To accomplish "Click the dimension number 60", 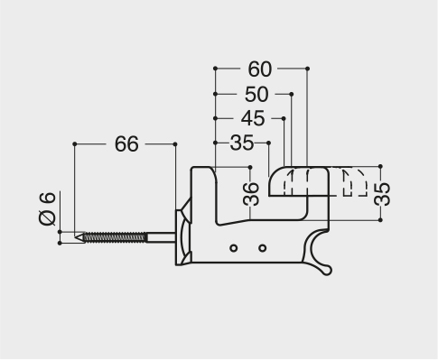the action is pyautogui.click(x=260, y=69).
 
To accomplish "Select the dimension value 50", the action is pyautogui.click(x=256, y=95).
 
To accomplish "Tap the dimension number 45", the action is pyautogui.click(x=253, y=118).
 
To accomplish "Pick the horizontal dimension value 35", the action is pyautogui.click(x=242, y=143).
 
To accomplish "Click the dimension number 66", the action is pyautogui.click(x=126, y=144).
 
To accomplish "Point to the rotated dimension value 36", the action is pyautogui.click(x=250, y=194).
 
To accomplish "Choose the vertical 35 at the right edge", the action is pyautogui.click(x=382, y=194).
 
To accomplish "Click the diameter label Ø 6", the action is pyautogui.click(x=48, y=208).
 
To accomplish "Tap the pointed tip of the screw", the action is pyautogui.click(x=76, y=237).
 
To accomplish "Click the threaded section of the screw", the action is pyautogui.click(x=116, y=237).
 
